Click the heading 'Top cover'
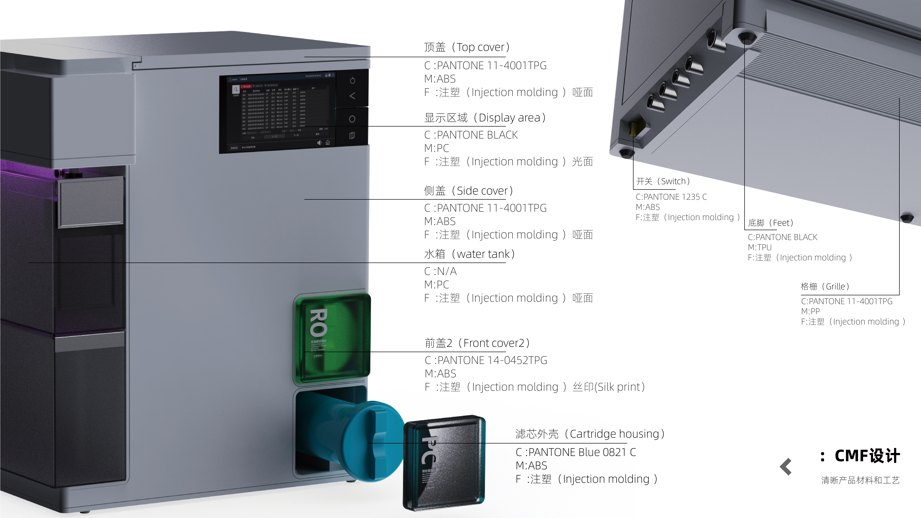pos(467,47)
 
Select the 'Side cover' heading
pos(468,191)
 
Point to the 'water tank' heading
pos(469,254)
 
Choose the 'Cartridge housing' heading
pos(590,434)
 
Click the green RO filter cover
pos(332,336)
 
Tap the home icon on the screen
pos(328,143)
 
